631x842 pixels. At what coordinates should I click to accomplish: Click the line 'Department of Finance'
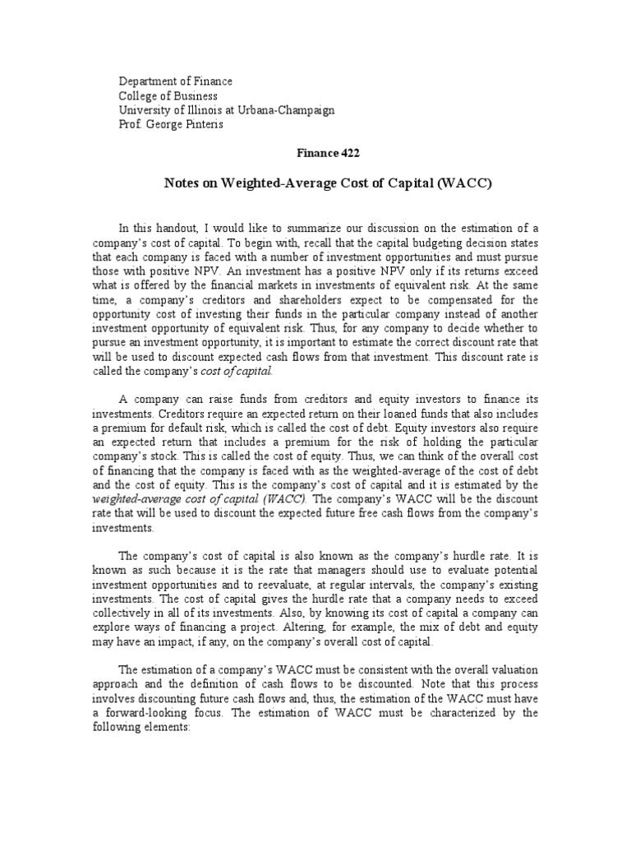click(x=176, y=81)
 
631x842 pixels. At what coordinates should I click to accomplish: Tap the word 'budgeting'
click(x=388, y=242)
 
